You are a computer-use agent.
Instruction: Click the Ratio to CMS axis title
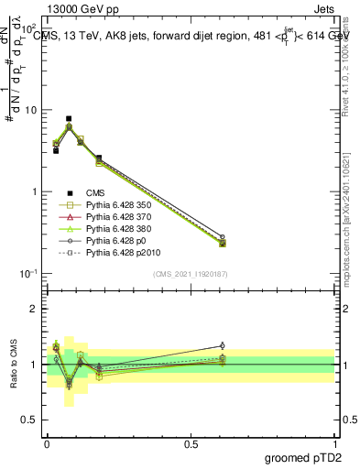point(13,365)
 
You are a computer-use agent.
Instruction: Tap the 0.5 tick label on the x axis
point(191,444)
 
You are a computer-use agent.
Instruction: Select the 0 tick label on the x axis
point(47,444)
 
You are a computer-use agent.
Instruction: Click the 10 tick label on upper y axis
point(31,110)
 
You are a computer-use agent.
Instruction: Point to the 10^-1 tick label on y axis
point(29,274)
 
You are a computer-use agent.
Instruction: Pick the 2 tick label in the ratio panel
point(36,309)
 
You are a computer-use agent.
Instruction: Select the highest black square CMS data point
point(69,118)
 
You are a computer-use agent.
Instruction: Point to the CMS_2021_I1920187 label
point(190,275)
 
